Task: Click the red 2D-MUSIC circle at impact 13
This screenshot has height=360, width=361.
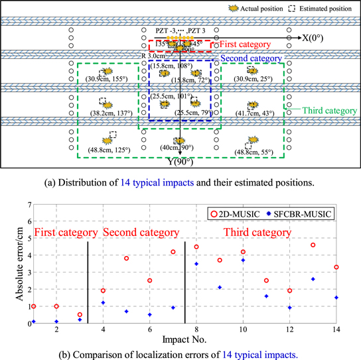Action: [x=313, y=245]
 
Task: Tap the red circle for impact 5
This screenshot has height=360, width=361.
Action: [x=126, y=258]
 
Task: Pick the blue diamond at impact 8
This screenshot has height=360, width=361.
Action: [x=196, y=264]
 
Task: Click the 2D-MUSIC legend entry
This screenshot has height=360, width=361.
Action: [x=241, y=213]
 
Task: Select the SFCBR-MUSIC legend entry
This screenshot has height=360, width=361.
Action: [x=302, y=213]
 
